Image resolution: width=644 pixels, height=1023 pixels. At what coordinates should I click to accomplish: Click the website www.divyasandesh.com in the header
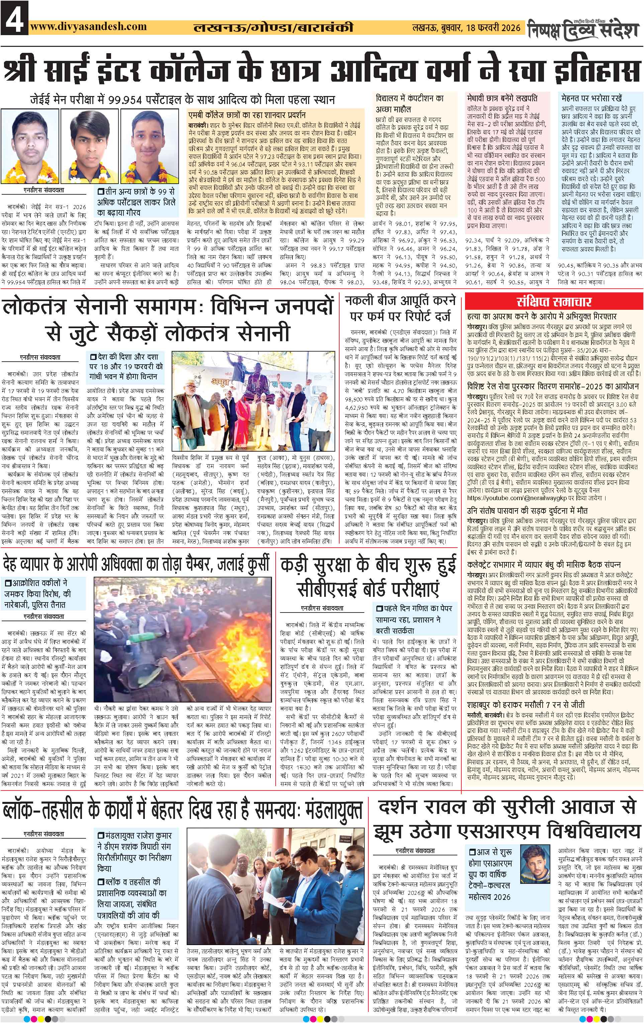88,26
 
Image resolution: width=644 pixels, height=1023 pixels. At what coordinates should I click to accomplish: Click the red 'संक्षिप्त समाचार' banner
554,302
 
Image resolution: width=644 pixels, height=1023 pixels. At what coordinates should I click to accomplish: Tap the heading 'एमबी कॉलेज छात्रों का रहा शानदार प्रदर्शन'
247,115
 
